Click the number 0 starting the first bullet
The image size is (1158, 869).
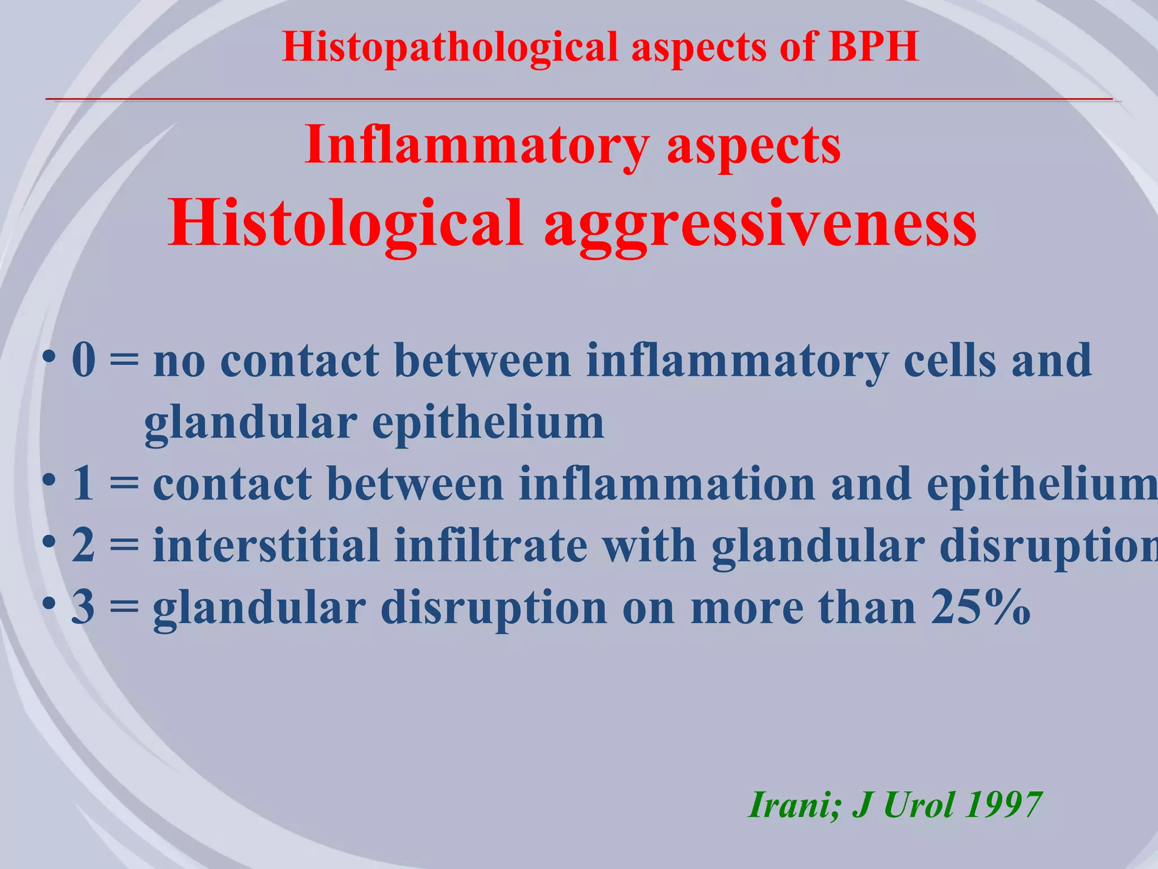(84, 361)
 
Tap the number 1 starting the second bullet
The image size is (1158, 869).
(83, 484)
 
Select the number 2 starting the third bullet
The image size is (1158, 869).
(84, 545)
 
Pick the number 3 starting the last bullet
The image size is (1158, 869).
(84, 607)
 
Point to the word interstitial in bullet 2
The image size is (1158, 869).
(266, 545)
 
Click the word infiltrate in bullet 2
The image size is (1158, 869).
(491, 545)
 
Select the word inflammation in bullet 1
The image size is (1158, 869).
(667, 484)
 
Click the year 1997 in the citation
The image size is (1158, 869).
(1003, 804)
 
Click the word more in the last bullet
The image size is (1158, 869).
(747, 607)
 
